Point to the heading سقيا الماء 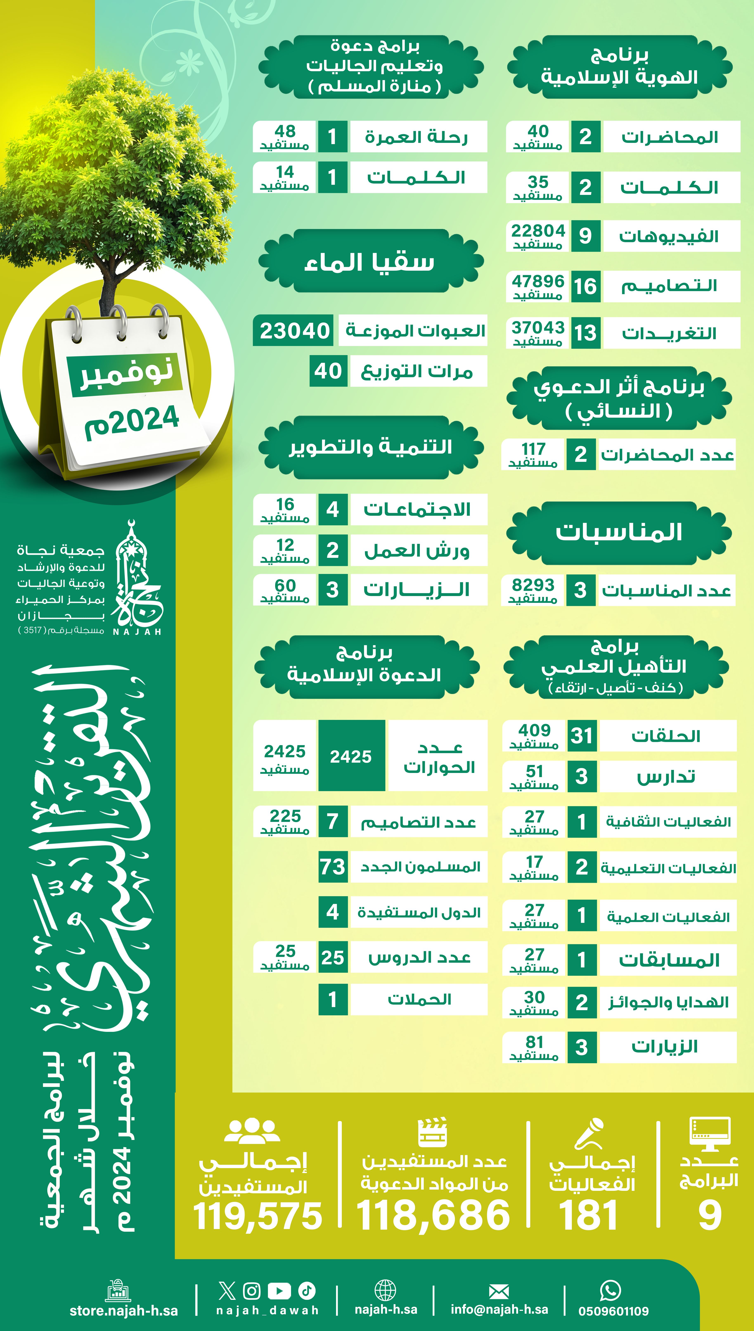coord(370,262)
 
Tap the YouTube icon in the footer coord(279,1291)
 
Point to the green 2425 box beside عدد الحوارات coord(351,756)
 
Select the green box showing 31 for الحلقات coord(582,735)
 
